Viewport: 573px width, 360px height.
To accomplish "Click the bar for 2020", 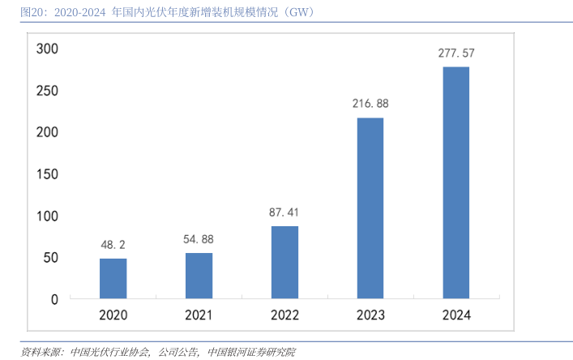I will point(113,278).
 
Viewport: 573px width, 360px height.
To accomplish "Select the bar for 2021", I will point(199,276).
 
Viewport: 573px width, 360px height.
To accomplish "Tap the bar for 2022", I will point(284,262).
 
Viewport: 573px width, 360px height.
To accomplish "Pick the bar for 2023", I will point(370,208).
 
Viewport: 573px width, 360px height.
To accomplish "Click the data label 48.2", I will point(113,244).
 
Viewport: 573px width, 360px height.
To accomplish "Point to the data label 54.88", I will point(199,239).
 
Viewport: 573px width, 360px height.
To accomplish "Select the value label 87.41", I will point(284,212).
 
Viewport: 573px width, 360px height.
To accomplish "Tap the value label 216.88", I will point(370,104).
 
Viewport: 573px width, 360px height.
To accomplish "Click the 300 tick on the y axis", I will point(48,49).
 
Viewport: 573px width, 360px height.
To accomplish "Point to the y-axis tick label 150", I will point(48,174).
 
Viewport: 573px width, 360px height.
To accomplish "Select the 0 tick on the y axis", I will point(54,299).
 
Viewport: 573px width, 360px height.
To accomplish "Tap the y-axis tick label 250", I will point(48,91).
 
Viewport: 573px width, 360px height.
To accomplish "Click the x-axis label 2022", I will point(284,315).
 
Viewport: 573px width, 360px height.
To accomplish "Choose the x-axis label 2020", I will point(113,315).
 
